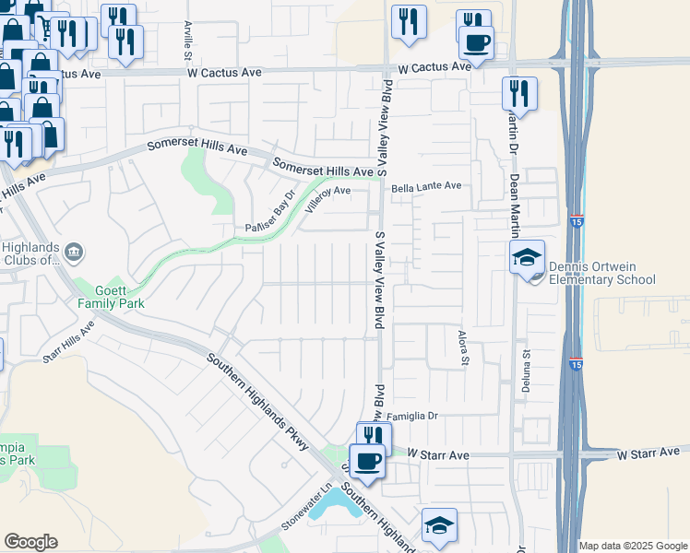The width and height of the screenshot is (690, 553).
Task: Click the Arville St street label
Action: coord(187,36)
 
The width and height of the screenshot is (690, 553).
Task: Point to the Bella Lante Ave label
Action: coord(425,186)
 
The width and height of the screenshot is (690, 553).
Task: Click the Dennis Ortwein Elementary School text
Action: coord(601,274)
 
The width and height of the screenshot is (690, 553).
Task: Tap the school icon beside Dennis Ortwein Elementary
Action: coord(528,257)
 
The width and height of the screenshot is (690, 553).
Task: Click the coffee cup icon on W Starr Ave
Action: coord(369,462)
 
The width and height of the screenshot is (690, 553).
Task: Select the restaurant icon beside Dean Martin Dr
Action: coord(519,93)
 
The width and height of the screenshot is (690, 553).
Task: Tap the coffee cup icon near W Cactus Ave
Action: coord(476,43)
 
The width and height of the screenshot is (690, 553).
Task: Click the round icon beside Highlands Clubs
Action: coord(76,251)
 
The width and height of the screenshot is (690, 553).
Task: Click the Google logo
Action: coord(30,542)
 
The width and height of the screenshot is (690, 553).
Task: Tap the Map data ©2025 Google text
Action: coord(633,546)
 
